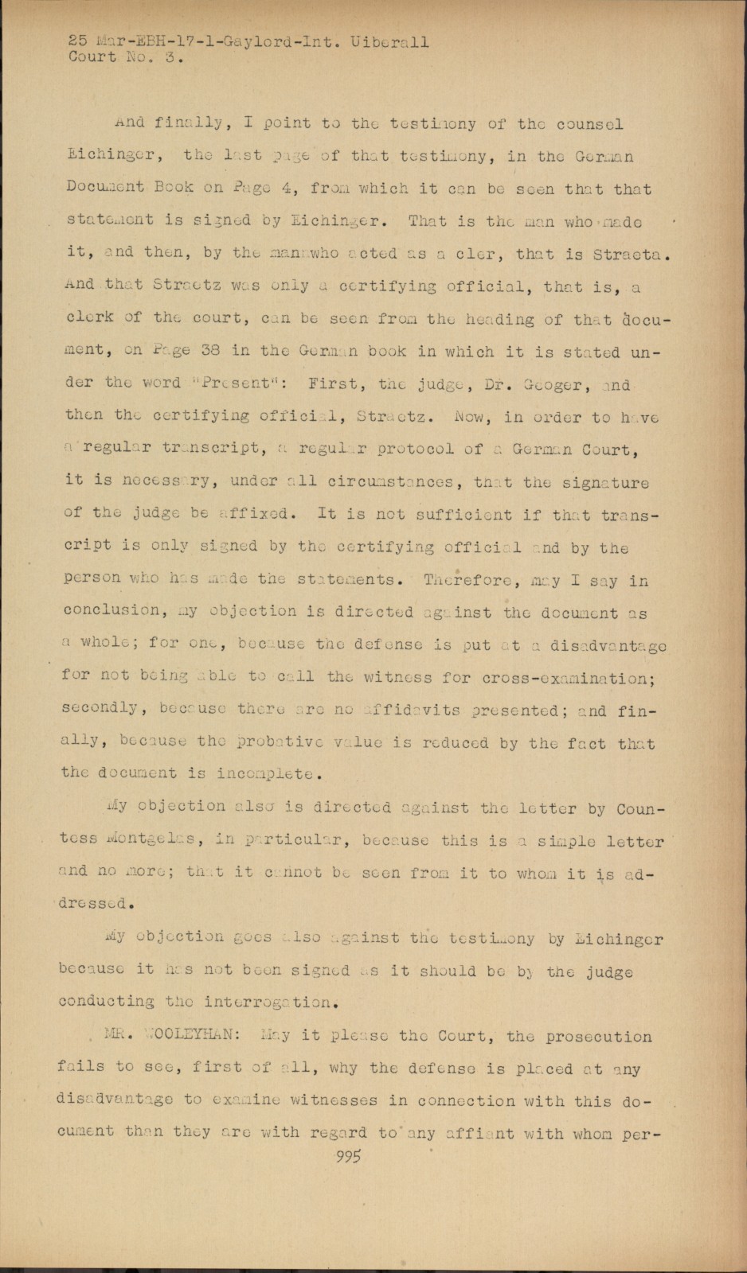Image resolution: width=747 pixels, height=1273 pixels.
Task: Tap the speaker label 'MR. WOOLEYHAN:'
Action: click(x=168, y=1036)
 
